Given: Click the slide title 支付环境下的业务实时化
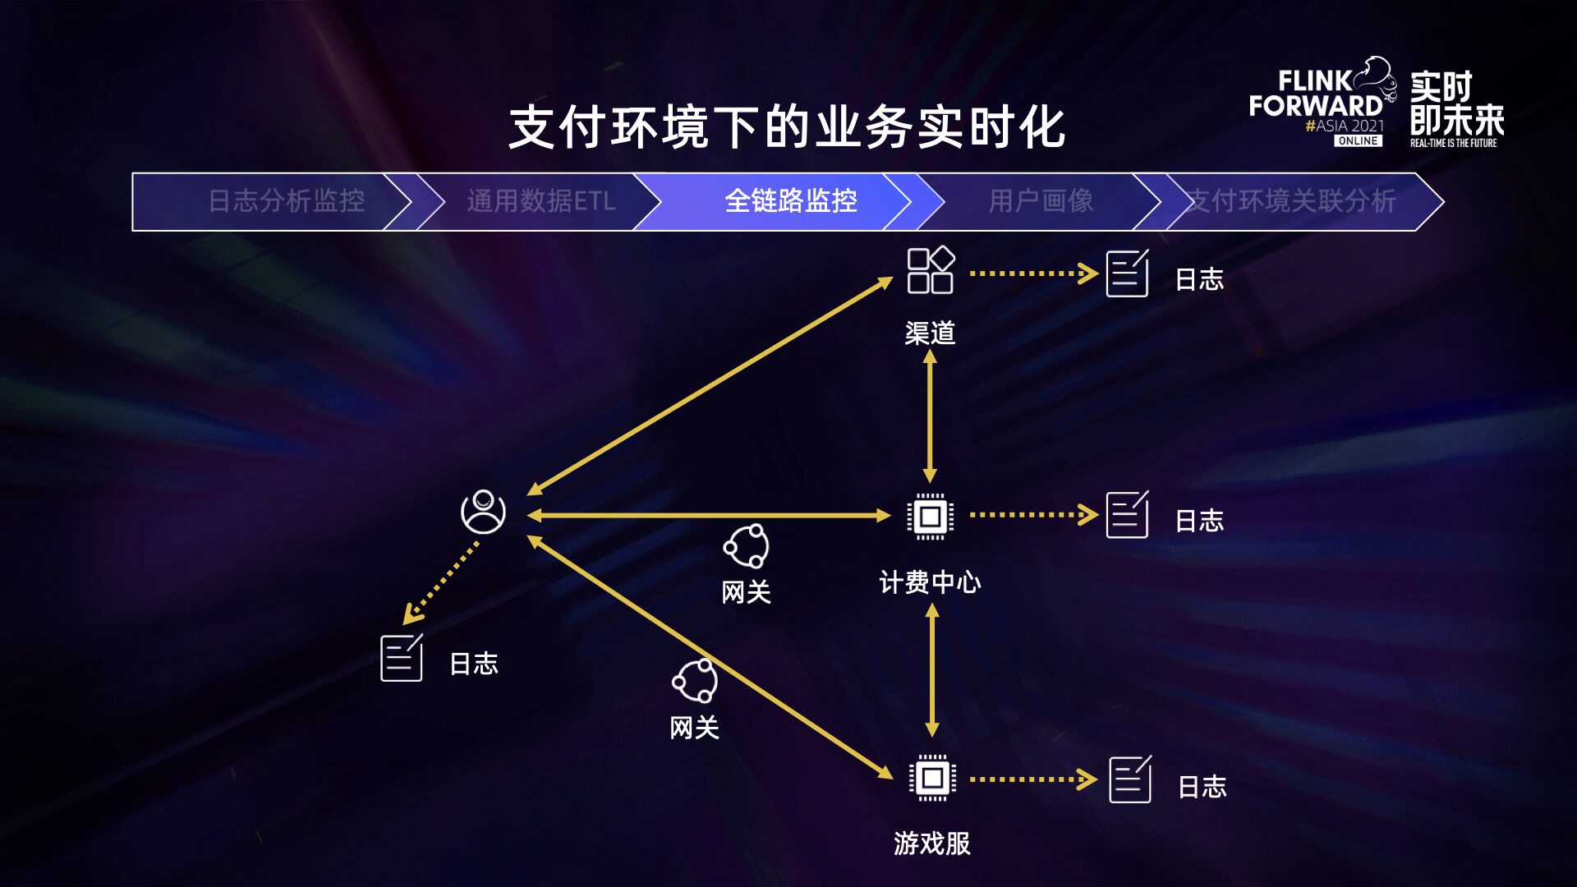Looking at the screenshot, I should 787,128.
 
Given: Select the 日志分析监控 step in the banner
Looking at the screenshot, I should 286,201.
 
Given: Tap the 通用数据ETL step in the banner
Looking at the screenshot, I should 540,201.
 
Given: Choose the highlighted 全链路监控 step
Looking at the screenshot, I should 790,201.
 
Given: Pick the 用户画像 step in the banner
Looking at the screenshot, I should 1041,201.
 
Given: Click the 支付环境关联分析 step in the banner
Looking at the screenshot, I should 1292,201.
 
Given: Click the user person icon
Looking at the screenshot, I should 483,512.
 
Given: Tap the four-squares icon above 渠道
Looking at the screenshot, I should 930,270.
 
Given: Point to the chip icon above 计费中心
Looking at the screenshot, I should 930,517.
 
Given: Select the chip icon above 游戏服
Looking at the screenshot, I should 932,777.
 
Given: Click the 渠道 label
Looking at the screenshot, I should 930,333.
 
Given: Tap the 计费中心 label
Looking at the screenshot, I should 930,582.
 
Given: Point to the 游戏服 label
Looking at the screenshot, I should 932,843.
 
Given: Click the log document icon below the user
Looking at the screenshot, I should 402,658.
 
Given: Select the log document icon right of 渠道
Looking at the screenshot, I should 1127,273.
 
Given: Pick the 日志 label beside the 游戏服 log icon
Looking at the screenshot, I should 1202,787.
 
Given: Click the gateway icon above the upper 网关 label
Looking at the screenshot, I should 746,546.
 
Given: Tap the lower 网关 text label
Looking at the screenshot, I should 694,728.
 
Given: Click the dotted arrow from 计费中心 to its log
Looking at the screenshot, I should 1032,516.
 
